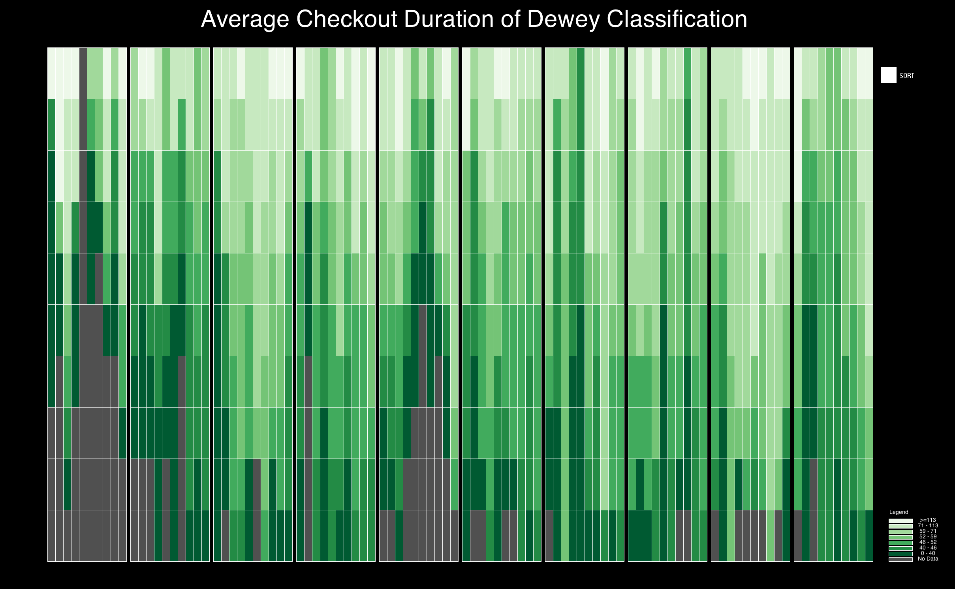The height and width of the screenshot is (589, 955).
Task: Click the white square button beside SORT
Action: [888, 75]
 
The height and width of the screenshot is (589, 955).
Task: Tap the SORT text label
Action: [906, 76]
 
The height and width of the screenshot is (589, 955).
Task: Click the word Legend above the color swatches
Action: [899, 512]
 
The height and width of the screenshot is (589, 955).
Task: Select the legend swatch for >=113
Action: [900, 521]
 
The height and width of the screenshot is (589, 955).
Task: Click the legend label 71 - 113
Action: [928, 526]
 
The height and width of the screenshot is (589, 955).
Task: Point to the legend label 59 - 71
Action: [928, 531]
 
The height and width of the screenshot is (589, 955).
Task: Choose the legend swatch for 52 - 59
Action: [900, 537]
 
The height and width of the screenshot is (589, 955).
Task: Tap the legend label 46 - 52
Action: [928, 542]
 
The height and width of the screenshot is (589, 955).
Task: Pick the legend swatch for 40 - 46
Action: [900, 548]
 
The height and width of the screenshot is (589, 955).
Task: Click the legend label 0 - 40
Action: [928, 553]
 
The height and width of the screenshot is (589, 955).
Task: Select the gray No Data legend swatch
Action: [900, 559]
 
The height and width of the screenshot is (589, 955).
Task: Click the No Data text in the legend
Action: [928, 559]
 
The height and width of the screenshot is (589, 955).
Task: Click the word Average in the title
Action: [245, 19]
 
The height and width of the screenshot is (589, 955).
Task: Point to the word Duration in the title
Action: [449, 19]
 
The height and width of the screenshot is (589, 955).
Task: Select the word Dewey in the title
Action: [563, 20]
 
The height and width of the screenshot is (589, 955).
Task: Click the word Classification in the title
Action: [677, 19]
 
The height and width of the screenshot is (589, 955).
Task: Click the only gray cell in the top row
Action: [83, 73]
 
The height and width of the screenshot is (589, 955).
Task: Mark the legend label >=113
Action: [928, 520]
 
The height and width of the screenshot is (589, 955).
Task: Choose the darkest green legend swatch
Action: [900, 554]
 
